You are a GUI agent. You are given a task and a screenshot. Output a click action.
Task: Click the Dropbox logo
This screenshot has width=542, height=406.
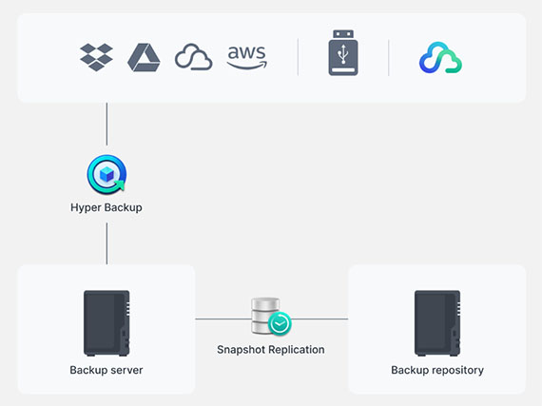(96, 57)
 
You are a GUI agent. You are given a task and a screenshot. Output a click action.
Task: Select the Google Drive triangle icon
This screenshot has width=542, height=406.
(144, 57)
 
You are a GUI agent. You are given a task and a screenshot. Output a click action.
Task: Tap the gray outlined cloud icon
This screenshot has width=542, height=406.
(194, 57)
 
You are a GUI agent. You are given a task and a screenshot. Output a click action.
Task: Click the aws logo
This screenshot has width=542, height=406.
(247, 57)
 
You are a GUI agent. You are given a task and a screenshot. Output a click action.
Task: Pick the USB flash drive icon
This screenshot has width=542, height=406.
(343, 52)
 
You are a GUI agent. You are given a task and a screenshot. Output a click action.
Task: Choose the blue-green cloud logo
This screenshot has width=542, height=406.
(440, 58)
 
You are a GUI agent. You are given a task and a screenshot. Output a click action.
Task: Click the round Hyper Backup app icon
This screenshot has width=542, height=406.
(106, 174)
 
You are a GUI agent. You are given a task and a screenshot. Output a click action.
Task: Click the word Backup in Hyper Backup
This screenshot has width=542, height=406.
(124, 207)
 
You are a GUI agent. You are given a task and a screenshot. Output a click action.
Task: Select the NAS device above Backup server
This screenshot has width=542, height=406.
(106, 323)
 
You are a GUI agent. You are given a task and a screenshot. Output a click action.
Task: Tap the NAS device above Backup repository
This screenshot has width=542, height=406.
(437, 323)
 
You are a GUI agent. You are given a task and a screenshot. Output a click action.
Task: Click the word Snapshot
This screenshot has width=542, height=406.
(241, 350)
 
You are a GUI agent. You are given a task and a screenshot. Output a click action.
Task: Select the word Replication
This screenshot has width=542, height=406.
(296, 350)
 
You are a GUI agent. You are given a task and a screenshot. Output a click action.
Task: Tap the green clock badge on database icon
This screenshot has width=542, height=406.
(280, 324)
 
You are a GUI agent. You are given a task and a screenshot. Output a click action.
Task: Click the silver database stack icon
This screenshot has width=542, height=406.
(265, 317)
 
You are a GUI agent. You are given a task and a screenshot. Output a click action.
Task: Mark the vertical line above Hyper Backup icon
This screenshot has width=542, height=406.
(106, 124)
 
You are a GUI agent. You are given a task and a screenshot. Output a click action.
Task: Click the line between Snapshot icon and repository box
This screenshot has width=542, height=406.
(319, 319)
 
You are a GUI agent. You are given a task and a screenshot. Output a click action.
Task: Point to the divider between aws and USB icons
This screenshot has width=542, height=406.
(298, 57)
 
